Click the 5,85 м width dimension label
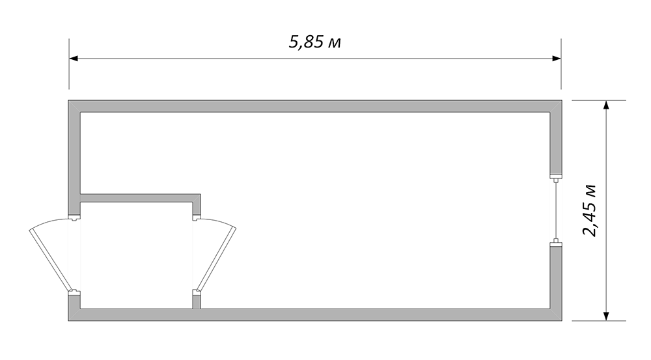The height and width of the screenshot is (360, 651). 314,42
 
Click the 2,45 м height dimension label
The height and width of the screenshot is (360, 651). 589,210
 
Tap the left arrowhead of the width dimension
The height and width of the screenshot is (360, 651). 74,59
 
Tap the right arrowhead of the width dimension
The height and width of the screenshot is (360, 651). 557,59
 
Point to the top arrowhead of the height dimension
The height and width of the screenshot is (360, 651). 606,105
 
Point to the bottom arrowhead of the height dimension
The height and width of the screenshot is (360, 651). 606,316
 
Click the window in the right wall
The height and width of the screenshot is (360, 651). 555,210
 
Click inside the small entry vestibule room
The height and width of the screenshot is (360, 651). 136,255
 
